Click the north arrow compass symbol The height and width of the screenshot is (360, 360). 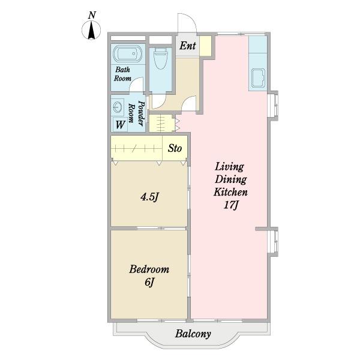click(x=91, y=30)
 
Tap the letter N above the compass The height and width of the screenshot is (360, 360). click(x=92, y=16)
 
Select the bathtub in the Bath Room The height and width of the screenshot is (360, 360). click(x=128, y=54)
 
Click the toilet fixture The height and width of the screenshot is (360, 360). click(x=160, y=58)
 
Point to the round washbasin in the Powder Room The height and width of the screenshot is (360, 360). click(x=117, y=107)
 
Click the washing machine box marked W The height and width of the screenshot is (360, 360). click(x=120, y=125)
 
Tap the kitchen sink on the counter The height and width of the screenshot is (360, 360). click(x=258, y=78)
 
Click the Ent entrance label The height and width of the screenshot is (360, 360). click(x=188, y=46)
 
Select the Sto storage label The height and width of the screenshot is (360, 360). click(x=175, y=148)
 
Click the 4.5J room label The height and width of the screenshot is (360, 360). click(x=149, y=197)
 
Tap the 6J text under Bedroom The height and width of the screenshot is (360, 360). click(x=149, y=282)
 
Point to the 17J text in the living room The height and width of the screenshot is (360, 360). click(x=230, y=205)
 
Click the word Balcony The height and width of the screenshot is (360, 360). click(x=193, y=334)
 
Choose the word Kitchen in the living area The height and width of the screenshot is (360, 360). click(x=230, y=192)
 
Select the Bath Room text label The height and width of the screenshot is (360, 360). click(x=122, y=74)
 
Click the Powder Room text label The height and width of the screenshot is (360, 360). click(x=136, y=113)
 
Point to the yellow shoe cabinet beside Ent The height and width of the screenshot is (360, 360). click(x=205, y=46)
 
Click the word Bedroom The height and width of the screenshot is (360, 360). click(x=149, y=269)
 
